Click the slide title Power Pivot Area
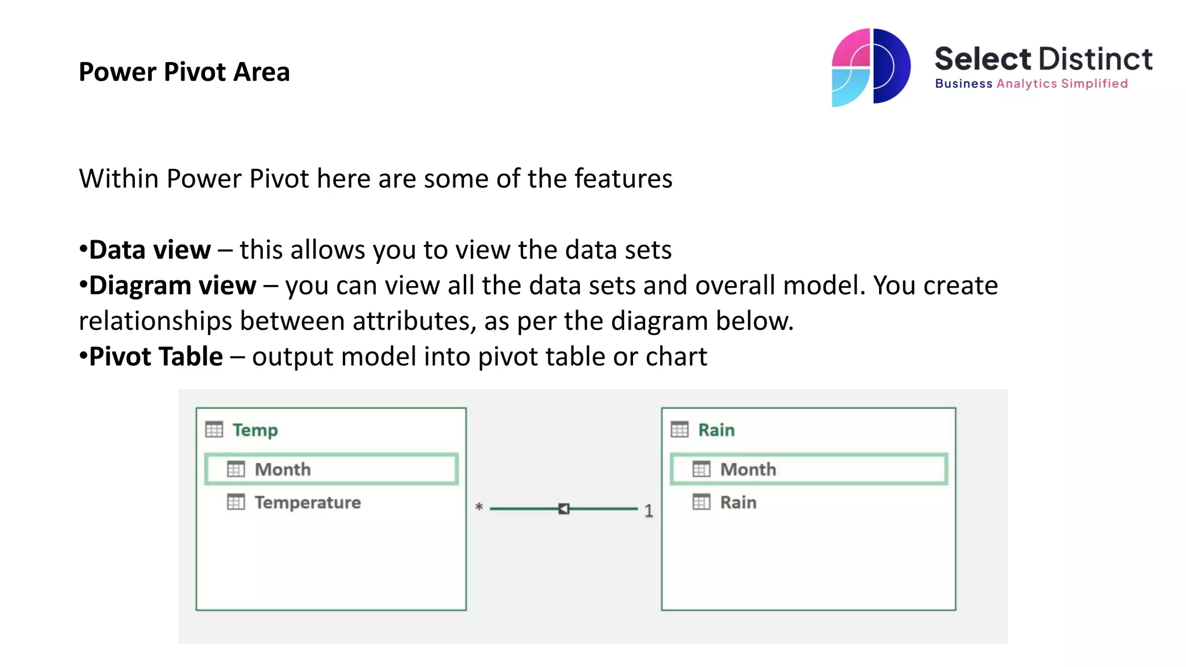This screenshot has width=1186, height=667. click(184, 72)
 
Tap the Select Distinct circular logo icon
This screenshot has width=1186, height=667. click(870, 67)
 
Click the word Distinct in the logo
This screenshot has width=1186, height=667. click(1095, 59)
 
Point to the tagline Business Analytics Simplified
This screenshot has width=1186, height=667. click(1031, 84)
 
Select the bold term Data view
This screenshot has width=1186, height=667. click(149, 250)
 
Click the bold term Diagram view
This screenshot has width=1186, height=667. click(172, 285)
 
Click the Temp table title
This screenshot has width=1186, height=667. click(255, 430)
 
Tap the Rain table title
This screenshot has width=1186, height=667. click(716, 430)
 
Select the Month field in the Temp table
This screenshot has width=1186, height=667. click(283, 469)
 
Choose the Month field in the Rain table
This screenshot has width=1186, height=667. click(748, 469)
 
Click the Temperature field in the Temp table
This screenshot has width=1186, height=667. click(308, 503)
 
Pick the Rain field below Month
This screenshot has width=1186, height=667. click(738, 503)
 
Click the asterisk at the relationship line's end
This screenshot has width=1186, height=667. click(479, 507)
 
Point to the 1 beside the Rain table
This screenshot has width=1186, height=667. click(649, 511)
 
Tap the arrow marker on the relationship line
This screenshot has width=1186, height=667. click(563, 508)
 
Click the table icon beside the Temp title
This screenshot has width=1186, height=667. click(214, 430)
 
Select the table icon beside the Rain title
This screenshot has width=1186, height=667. click(679, 430)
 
